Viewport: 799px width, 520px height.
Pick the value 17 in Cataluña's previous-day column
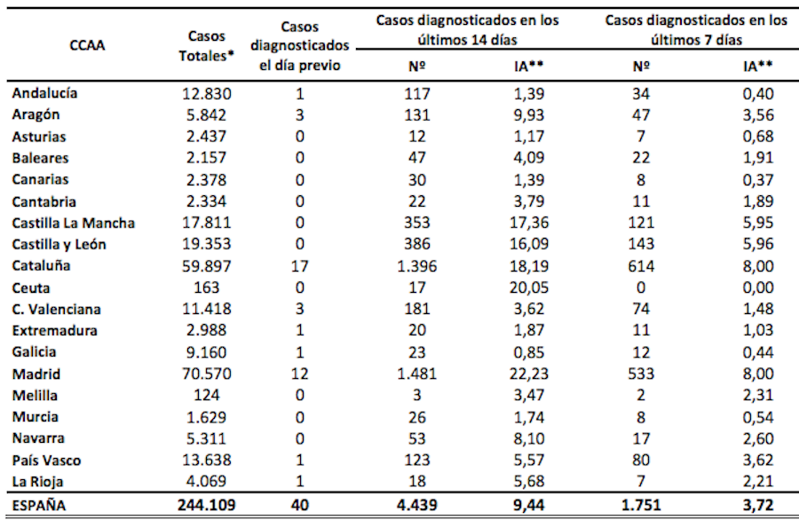click(301, 265)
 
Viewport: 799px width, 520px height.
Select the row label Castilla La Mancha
click(74, 223)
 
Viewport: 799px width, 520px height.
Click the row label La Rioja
click(41, 482)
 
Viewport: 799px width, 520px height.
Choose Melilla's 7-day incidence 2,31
click(757, 395)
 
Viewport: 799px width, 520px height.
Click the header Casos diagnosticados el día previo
click(301, 45)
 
